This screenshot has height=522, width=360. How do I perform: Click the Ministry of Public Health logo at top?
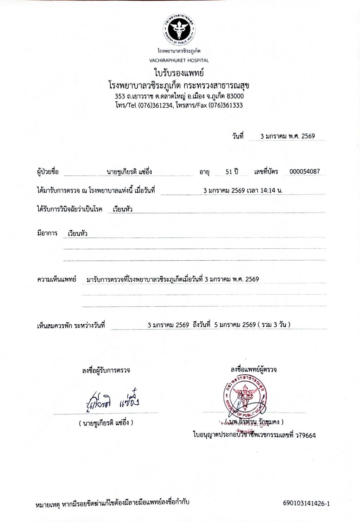tap(179, 29)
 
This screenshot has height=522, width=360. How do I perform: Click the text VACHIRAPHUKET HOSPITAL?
tap(179, 60)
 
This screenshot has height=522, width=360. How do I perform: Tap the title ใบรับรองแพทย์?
tap(179, 73)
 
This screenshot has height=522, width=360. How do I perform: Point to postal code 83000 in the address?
tap(236, 96)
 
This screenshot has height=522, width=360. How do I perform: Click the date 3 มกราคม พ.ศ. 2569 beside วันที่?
tap(287, 136)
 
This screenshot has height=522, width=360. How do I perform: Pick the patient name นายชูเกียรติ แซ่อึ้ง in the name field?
tap(129, 172)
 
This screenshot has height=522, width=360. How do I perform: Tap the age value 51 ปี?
tap(232, 172)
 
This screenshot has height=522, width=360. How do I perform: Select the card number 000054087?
tap(304, 172)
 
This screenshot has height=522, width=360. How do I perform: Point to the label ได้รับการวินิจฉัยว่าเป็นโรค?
tap(70, 209)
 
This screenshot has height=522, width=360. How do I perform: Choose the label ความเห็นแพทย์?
tap(57, 280)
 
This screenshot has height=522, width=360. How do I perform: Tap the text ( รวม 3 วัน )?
tap(274, 325)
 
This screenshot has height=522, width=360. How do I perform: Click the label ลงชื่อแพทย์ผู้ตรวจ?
tap(253, 370)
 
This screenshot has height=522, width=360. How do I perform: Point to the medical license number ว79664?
tap(305, 435)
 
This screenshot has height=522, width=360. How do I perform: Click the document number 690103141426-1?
tap(306, 503)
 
